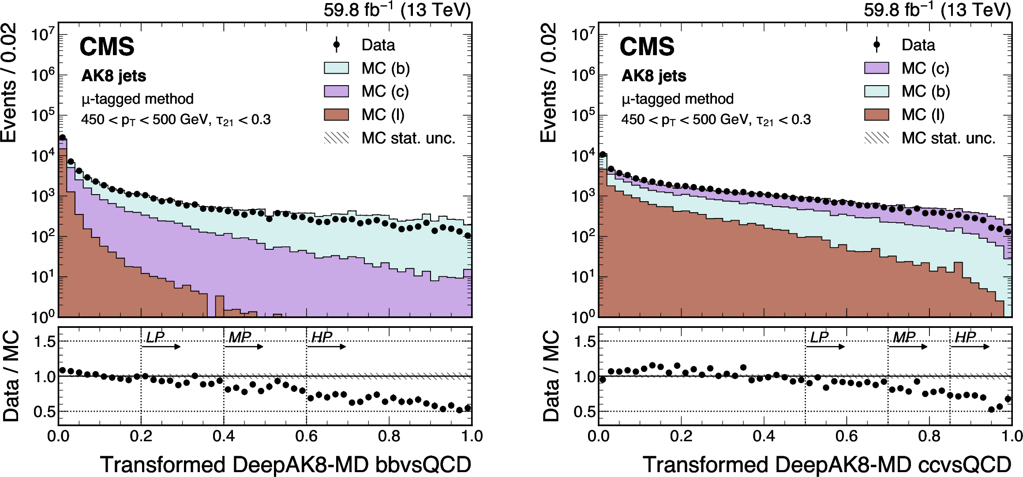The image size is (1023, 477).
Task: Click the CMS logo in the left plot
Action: pyautogui.click(x=107, y=47)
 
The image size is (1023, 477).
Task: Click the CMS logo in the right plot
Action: pyautogui.click(x=647, y=47)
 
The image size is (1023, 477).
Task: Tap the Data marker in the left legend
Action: pyautogui.click(x=337, y=45)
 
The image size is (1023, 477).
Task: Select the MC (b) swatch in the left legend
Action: pyautogui.click(x=337, y=68)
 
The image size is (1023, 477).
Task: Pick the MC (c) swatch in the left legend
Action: pyautogui.click(x=337, y=91)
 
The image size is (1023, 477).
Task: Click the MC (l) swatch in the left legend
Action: pyautogui.click(x=337, y=115)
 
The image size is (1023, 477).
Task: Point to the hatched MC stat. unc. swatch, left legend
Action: pyautogui.click(x=337, y=138)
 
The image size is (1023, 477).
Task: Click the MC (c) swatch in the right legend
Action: pyautogui.click(x=877, y=68)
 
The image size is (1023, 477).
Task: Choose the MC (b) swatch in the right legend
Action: pyautogui.click(x=877, y=91)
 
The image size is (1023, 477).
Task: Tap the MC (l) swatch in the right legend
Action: pyautogui.click(x=877, y=115)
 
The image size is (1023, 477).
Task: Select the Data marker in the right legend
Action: pyautogui.click(x=877, y=45)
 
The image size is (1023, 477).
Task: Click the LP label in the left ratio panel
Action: pyautogui.click(x=155, y=338)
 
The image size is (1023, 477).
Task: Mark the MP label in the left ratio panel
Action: pyautogui.click(x=240, y=338)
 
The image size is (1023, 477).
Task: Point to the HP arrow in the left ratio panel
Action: pyautogui.click(x=326, y=347)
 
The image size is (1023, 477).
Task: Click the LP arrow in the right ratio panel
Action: pyautogui.click(x=825, y=347)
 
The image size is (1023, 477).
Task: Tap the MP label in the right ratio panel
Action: pyautogui.click(x=904, y=338)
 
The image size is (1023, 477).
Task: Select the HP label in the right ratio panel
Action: pyautogui.click(x=965, y=338)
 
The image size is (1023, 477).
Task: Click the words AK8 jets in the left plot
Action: pyautogui.click(x=114, y=76)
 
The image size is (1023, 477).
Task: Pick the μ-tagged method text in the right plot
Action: pyautogui.click(x=678, y=99)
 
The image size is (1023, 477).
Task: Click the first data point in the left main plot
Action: pyautogui.click(x=63, y=138)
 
